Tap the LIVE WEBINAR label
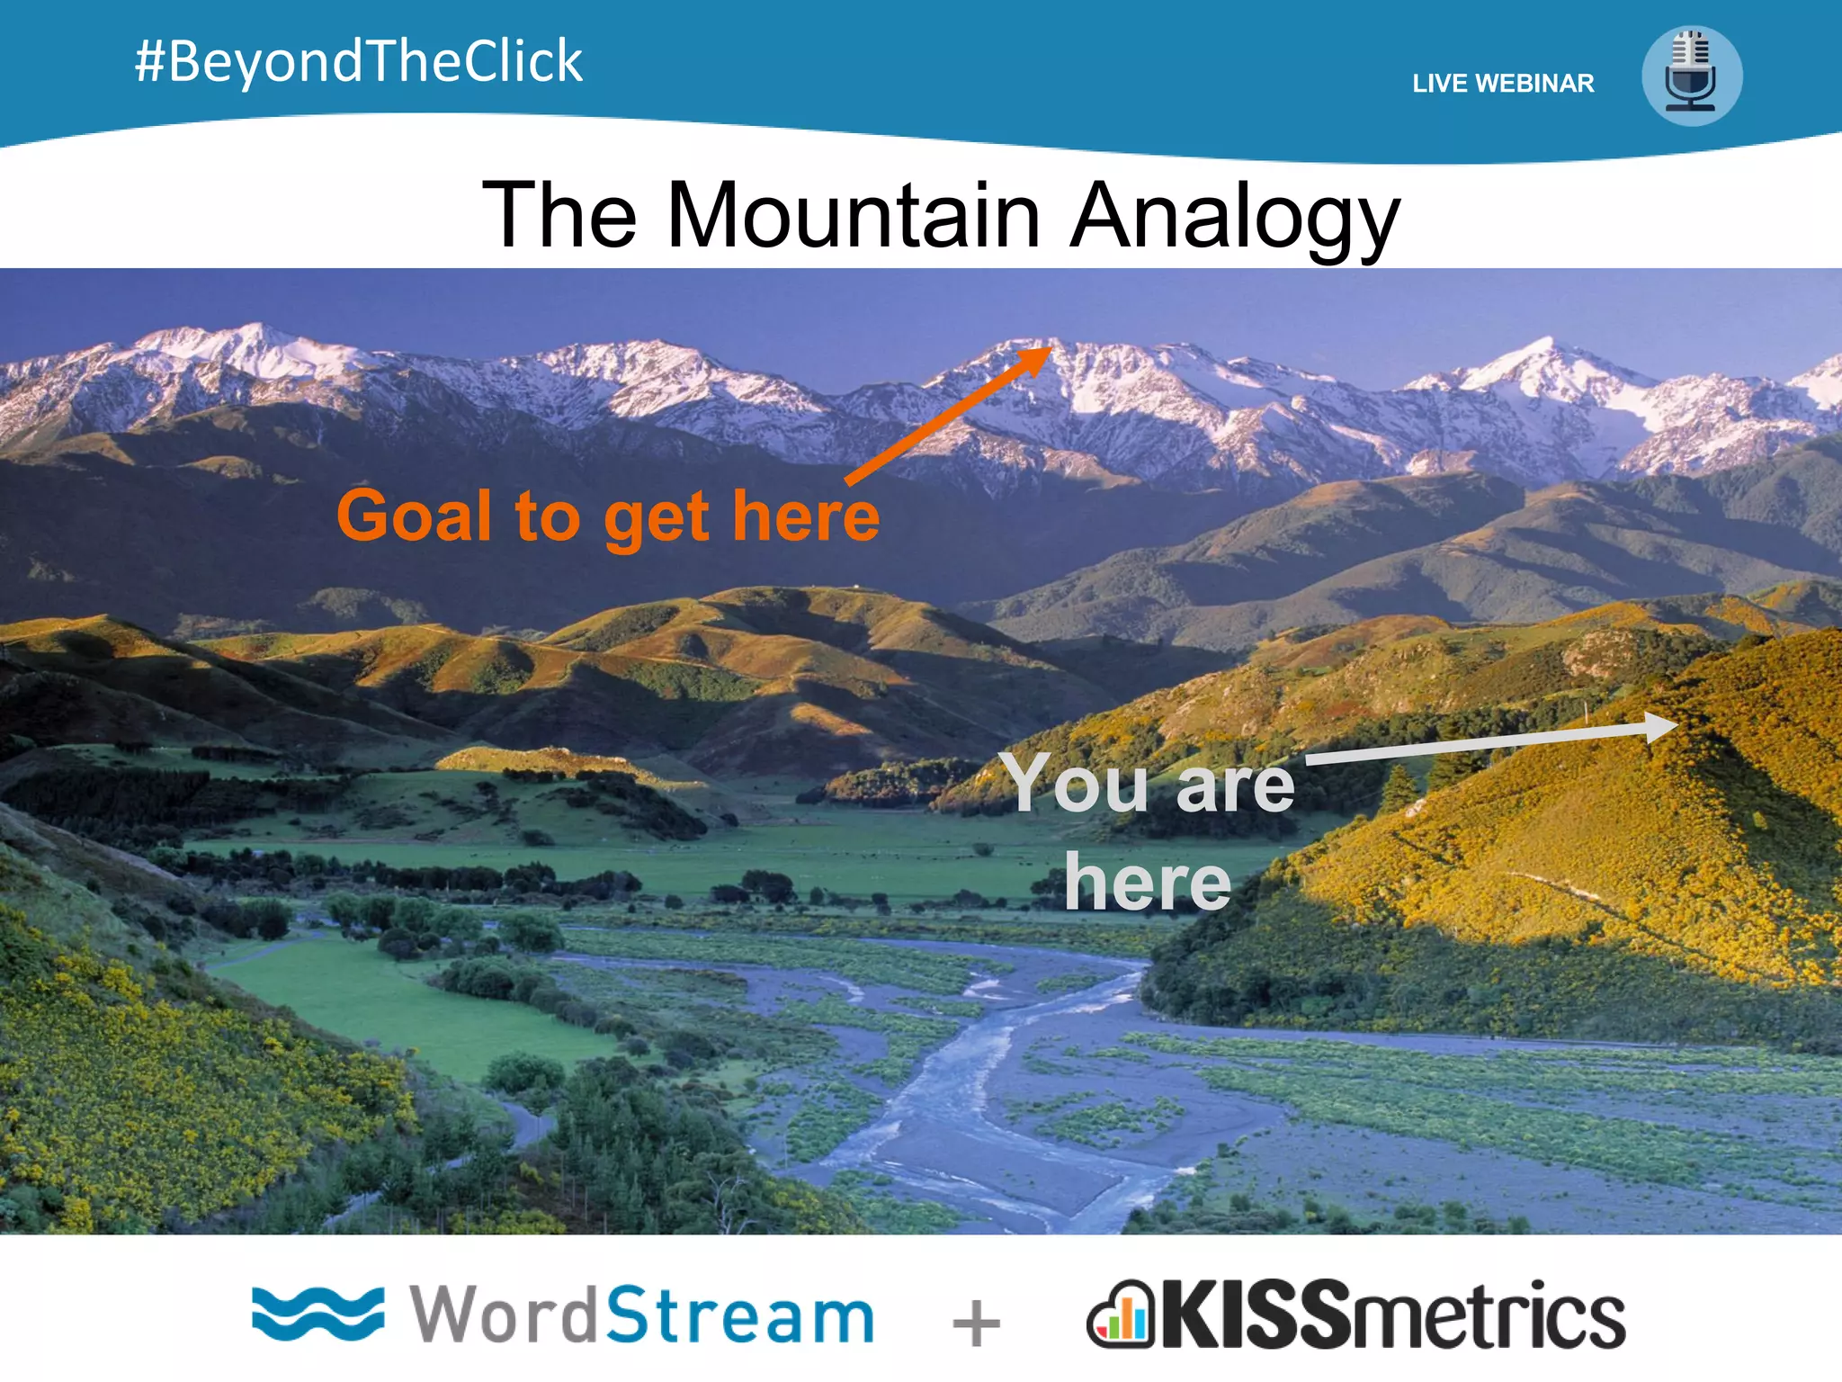point(1503,84)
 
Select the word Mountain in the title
point(853,216)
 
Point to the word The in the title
point(559,216)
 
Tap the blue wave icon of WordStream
point(317,1314)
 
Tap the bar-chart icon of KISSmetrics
point(1120,1315)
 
